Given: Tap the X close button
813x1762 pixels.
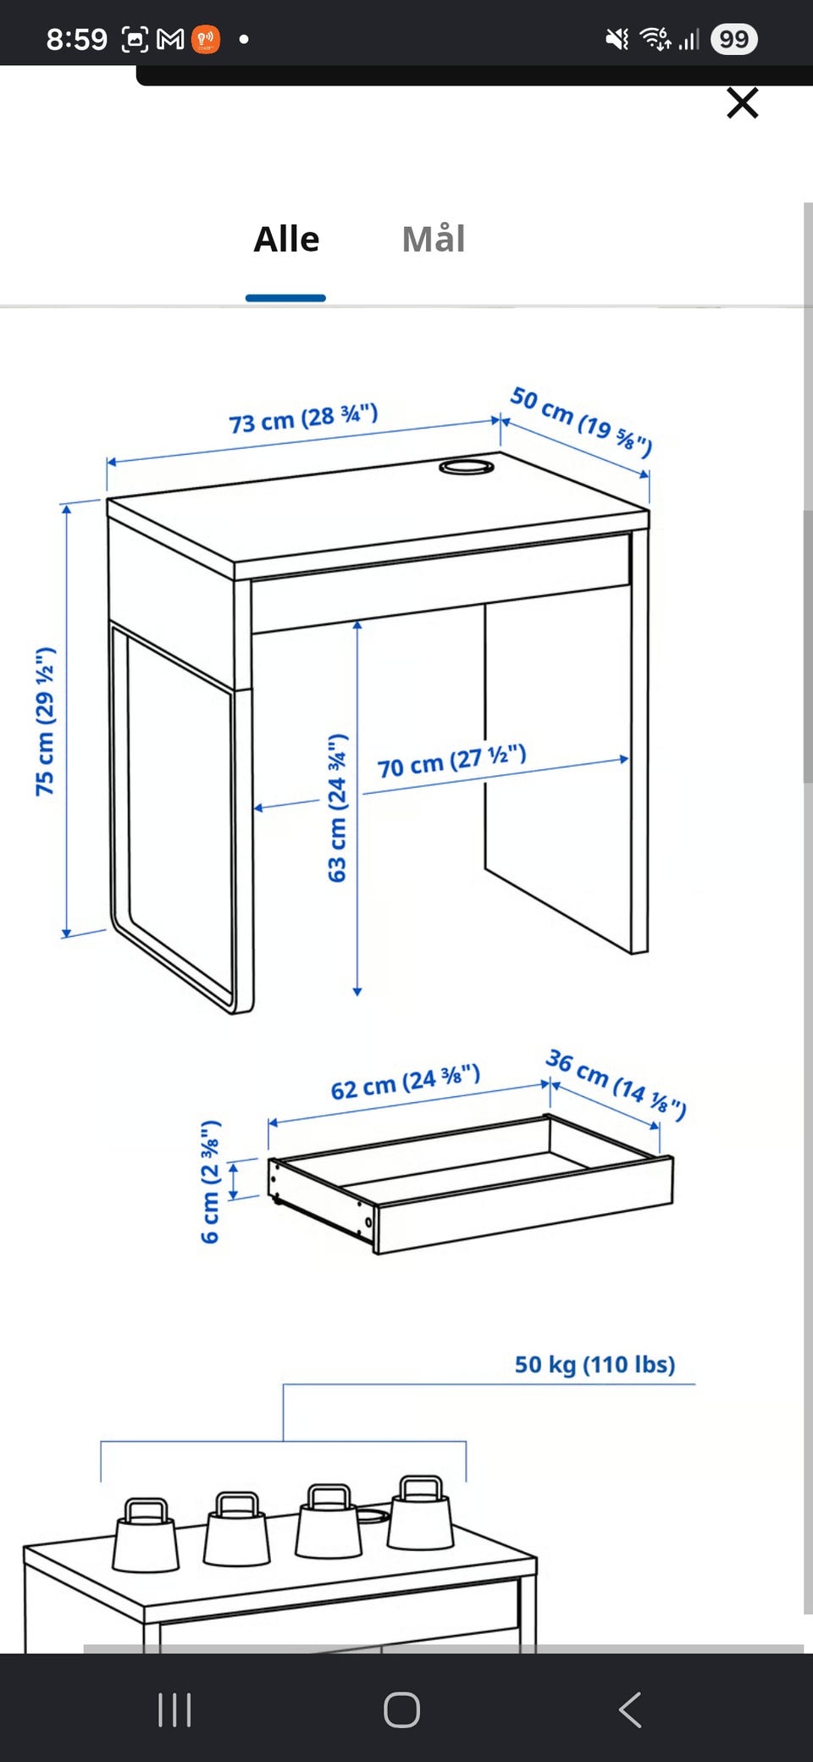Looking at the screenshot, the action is click(x=743, y=103).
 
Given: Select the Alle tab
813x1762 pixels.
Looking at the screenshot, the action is click(x=286, y=239).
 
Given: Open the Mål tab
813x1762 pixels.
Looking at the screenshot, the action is click(x=434, y=239).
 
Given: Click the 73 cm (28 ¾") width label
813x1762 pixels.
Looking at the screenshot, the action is click(x=303, y=418).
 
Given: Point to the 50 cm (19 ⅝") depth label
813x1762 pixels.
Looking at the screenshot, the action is click(x=581, y=421).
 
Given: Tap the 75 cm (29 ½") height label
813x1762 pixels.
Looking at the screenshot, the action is click(x=45, y=721).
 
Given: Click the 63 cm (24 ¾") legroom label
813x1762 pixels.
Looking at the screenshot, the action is click(x=338, y=807).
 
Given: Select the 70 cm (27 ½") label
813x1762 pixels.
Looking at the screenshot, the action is click(x=452, y=761).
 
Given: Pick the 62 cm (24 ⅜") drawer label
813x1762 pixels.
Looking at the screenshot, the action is click(x=406, y=1082).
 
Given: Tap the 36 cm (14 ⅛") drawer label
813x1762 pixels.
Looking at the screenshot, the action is click(x=616, y=1084).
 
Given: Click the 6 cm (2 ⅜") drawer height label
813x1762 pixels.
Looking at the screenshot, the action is click(x=210, y=1182).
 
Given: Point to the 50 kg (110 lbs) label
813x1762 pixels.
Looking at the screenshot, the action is click(x=595, y=1364).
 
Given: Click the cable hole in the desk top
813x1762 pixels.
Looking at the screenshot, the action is click(x=467, y=467).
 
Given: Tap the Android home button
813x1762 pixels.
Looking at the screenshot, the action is click(x=401, y=1709).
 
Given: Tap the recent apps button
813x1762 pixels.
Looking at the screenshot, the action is click(x=174, y=1709).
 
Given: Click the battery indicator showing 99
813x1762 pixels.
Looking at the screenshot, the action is click(x=734, y=39).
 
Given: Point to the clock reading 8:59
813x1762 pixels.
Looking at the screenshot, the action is click(x=77, y=39).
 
